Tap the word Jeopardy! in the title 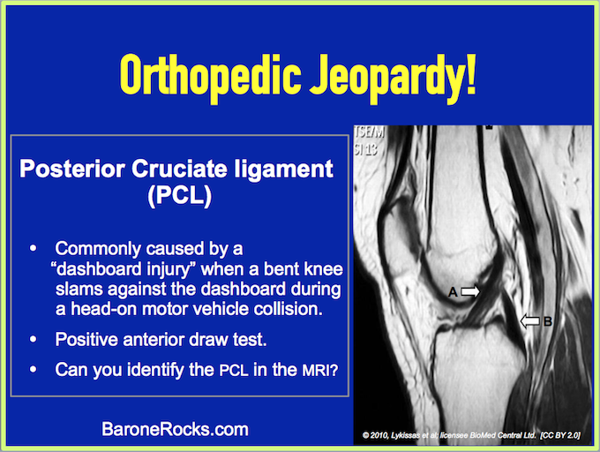(393, 78)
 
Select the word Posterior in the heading (72, 169)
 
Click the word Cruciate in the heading (180, 169)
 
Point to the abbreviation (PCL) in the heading (180, 196)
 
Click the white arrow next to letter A (470, 291)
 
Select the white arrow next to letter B (530, 320)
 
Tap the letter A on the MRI (453, 292)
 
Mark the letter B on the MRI (548, 321)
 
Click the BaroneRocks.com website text (175, 429)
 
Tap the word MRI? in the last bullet (320, 370)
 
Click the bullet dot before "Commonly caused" (34, 248)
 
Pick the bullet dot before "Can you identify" (34, 369)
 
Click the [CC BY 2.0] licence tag (560, 435)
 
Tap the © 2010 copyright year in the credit (375, 435)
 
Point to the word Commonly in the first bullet (98, 249)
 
